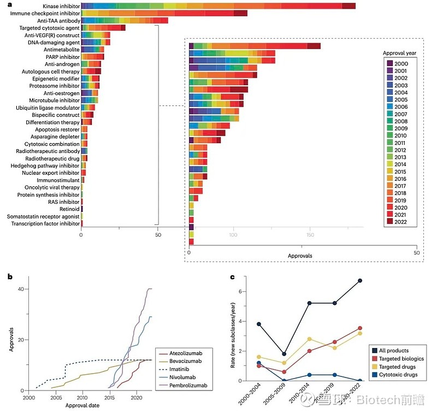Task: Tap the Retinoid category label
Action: click(69, 209)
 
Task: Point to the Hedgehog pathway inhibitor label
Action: click(46, 166)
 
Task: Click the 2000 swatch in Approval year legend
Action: click(390, 64)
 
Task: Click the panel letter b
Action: click(10, 276)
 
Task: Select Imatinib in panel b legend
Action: click(179, 370)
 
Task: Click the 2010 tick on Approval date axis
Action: click(82, 399)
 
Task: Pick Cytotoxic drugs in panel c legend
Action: click(401, 375)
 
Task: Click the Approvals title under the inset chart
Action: click(300, 256)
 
